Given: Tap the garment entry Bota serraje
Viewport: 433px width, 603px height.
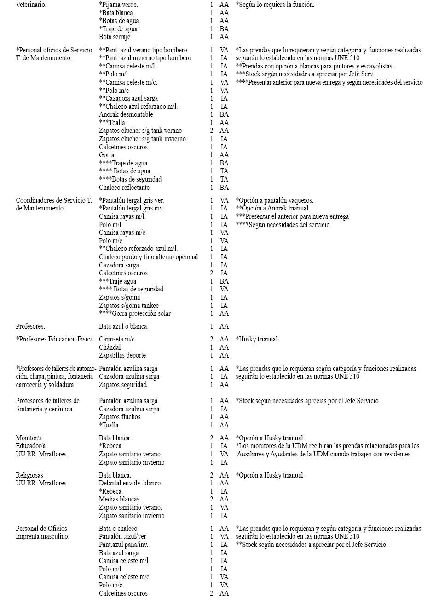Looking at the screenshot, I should click(118, 37).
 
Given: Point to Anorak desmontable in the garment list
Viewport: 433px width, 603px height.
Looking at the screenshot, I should click(126, 114).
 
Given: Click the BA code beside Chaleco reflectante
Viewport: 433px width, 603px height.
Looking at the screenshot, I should click(224, 188).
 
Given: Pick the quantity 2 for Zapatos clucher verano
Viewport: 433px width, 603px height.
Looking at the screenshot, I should click(211, 131).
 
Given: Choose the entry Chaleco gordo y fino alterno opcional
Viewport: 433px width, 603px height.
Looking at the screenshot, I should click(149, 257).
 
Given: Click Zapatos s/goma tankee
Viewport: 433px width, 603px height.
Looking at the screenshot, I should click(129, 306).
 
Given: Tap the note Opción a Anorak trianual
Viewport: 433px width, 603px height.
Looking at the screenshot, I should click(272, 209).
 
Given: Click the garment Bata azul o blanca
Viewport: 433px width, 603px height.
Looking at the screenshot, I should click(124, 326).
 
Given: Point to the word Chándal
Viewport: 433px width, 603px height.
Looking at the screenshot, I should click(110, 347).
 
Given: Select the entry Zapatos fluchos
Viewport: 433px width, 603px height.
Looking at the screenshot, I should click(120, 417).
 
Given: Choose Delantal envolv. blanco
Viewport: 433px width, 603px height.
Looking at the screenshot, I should click(131, 483).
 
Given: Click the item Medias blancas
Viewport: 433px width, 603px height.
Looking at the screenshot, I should click(120, 499).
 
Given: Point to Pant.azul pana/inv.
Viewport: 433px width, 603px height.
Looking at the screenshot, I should click(124, 545).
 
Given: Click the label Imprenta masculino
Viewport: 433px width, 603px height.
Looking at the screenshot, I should click(42, 536).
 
